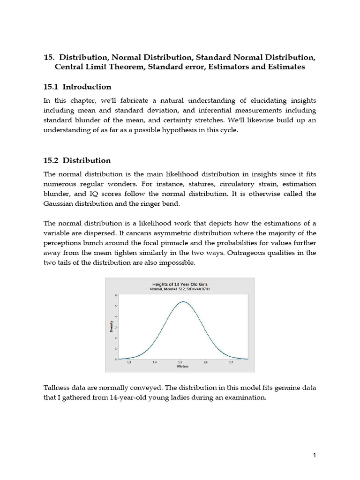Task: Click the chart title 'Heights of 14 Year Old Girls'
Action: (x=180, y=284)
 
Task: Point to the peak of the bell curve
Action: (x=182, y=302)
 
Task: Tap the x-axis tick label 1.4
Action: (x=155, y=362)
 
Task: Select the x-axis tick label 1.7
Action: (x=231, y=362)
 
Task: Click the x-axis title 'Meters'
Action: (x=182, y=367)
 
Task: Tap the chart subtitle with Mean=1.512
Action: (x=180, y=290)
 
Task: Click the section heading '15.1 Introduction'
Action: (x=77, y=87)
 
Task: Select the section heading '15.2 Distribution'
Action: (x=77, y=160)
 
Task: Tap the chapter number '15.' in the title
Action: (x=49, y=57)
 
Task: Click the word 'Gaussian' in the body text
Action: (x=59, y=204)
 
